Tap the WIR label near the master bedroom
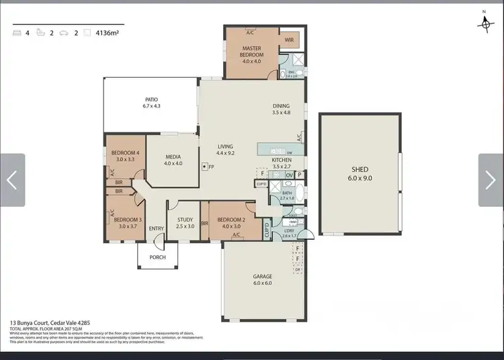[289, 40]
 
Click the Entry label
[156, 228]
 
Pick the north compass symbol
[485, 22]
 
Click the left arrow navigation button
[12, 180]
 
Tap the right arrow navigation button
[491, 180]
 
